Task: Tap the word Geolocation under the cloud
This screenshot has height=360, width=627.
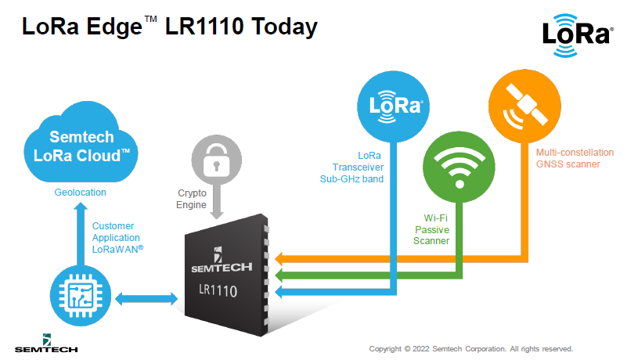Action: click(81, 192)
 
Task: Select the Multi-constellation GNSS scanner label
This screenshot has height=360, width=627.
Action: click(568, 159)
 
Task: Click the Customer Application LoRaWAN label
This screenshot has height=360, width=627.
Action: click(117, 236)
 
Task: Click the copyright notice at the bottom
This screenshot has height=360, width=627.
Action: click(470, 348)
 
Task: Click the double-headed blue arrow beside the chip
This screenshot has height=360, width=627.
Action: click(147, 297)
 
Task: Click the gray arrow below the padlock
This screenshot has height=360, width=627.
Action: click(213, 205)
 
